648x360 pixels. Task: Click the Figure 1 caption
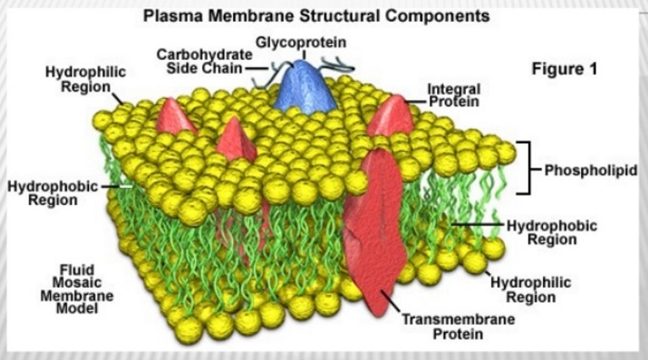coord(565,69)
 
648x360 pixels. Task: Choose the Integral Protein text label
coord(453,95)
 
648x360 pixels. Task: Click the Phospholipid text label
coord(589,169)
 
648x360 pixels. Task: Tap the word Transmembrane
coord(440,320)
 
